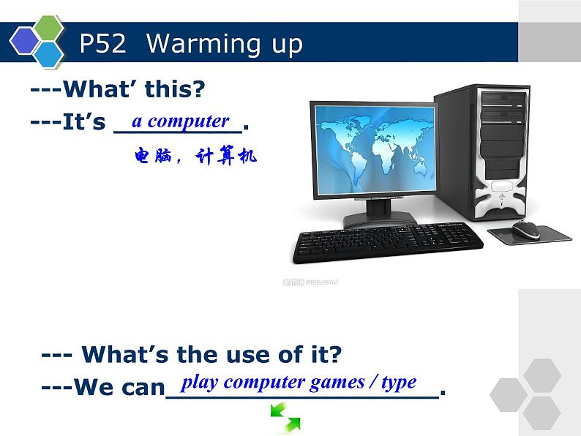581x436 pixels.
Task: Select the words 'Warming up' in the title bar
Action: click(x=224, y=44)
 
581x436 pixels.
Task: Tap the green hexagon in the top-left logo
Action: click(x=50, y=29)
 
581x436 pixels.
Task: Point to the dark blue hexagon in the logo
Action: click(x=24, y=41)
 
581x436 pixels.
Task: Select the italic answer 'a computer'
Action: click(x=180, y=121)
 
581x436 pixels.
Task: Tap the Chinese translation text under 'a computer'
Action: click(x=195, y=156)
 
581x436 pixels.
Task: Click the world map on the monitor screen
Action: click(x=373, y=146)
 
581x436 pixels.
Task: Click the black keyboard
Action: click(x=387, y=242)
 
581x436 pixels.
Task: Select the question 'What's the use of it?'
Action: click(x=192, y=355)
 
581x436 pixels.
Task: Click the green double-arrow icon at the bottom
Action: click(x=285, y=418)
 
